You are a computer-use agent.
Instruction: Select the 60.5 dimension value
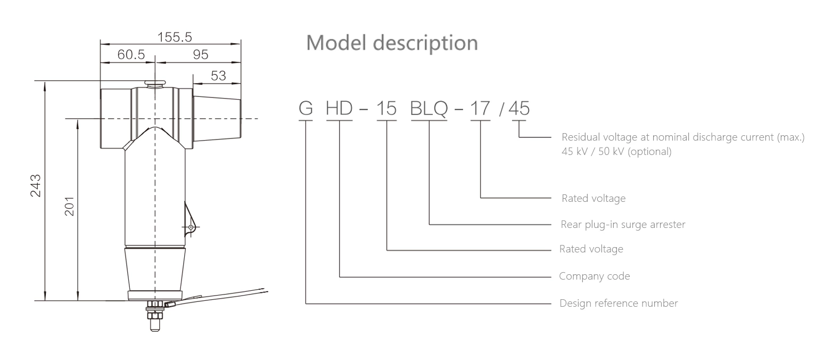pos(131,55)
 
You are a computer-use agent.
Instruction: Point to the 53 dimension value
pos(218,76)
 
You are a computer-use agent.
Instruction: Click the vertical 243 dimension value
pos(36,185)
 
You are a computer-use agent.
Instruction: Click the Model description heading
pos(392,43)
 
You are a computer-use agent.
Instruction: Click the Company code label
pos(594,276)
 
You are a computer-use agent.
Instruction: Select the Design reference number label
pos(619,303)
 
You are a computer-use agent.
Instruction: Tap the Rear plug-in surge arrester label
pos(623,224)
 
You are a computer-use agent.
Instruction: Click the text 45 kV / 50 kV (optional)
pos(616,151)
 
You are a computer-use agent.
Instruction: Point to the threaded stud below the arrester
pos(154,317)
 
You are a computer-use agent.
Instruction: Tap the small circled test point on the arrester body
pos(190,227)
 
